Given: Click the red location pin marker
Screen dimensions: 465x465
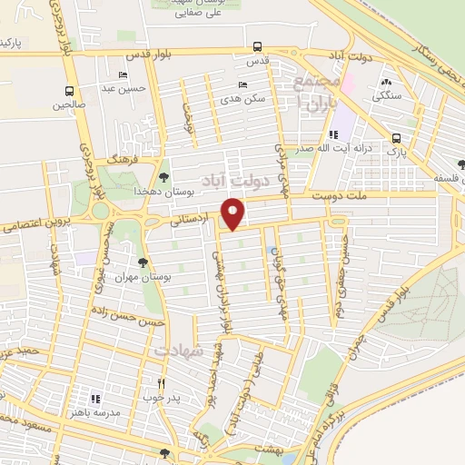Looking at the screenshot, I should coord(235,213).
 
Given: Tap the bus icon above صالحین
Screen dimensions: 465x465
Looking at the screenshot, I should coord(70,90).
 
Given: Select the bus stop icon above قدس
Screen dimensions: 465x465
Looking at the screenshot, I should coord(258,47).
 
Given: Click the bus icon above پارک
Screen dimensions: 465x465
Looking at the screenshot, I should coord(396,138).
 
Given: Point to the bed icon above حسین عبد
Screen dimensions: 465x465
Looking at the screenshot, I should coord(124,74).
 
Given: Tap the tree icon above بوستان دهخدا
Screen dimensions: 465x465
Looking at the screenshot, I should coord(163,177).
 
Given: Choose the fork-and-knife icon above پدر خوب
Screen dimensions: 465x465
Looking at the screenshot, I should coord(162,383).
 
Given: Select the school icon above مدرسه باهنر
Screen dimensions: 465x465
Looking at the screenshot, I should coord(94,398).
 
